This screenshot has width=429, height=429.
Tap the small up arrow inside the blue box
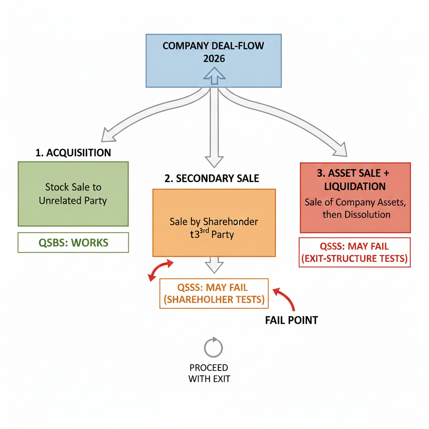(214, 75)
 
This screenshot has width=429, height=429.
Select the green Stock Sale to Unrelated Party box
(73, 194)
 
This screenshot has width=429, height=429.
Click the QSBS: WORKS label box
(73, 242)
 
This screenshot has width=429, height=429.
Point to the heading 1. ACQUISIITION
(73, 152)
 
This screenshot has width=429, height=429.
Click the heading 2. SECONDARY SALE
(212, 178)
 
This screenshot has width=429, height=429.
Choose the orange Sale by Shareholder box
(214, 222)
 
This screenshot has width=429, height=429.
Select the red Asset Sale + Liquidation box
(355, 197)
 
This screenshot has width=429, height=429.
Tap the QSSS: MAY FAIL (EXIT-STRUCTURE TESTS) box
(354, 252)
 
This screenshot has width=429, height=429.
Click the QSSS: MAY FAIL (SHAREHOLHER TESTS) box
(214, 293)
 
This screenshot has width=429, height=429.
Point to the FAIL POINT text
(291, 320)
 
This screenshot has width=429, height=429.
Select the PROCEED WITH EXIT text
(209, 373)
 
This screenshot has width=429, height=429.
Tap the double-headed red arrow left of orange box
(161, 270)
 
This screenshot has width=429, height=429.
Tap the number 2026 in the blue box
(214, 59)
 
